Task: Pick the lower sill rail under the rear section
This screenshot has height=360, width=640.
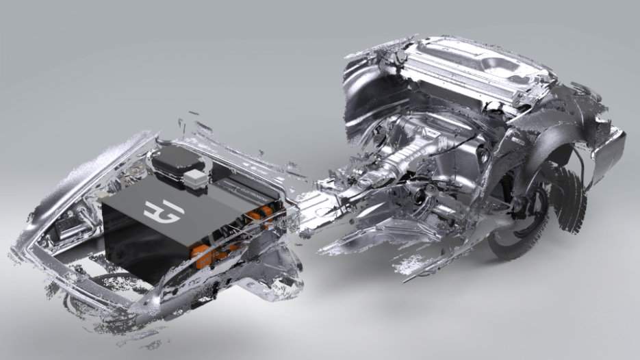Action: point(383,240)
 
